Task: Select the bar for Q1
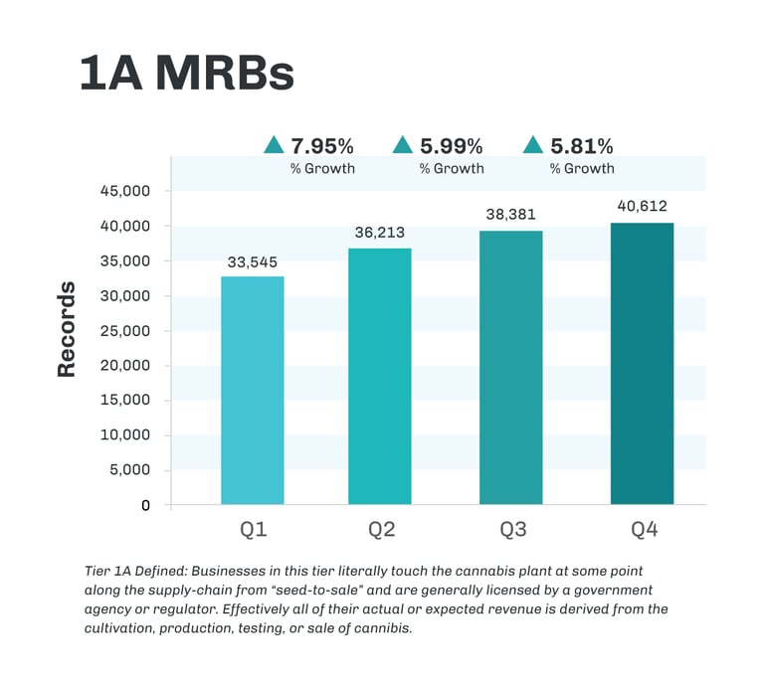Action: [x=253, y=390]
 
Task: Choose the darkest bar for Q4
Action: [x=642, y=363]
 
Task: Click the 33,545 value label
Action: [x=253, y=262]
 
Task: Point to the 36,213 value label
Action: [x=379, y=234]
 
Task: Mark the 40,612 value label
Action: [x=642, y=206]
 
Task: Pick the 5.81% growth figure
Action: [x=582, y=145]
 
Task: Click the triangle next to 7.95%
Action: [x=274, y=145]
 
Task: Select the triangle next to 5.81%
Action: [x=533, y=145]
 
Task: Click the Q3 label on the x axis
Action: [x=512, y=530]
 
